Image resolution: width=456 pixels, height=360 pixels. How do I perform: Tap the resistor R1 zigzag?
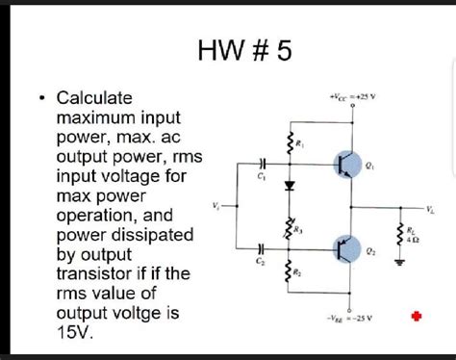point(288,143)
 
